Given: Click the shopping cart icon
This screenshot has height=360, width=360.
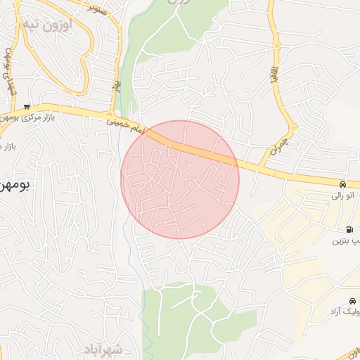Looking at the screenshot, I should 27,107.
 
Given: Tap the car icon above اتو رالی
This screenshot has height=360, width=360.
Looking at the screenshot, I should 342,184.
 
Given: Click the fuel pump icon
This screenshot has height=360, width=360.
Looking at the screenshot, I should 349,229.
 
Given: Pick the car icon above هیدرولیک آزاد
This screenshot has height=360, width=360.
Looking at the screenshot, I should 352,300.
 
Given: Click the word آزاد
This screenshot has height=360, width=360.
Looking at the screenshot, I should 336,311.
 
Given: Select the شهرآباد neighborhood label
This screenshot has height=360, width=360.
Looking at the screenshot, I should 103,349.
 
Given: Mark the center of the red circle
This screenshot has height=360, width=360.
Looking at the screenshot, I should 180,179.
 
